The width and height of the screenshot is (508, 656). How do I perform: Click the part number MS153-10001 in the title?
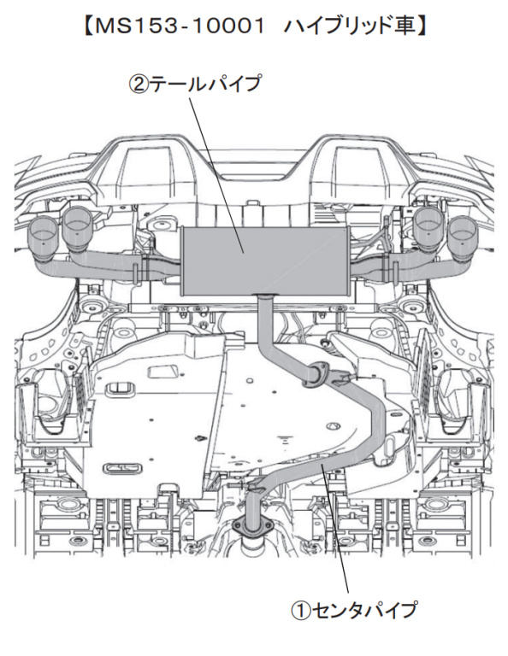click(180, 26)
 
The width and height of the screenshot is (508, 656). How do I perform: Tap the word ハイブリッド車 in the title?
click(351, 26)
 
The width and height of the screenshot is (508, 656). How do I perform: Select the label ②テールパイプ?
click(195, 83)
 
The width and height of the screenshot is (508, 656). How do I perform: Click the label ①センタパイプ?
click(354, 610)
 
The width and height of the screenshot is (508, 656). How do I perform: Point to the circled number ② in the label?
click(139, 84)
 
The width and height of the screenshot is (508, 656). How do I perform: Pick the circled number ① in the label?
click(301, 610)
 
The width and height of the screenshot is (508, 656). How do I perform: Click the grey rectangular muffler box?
click(264, 261)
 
